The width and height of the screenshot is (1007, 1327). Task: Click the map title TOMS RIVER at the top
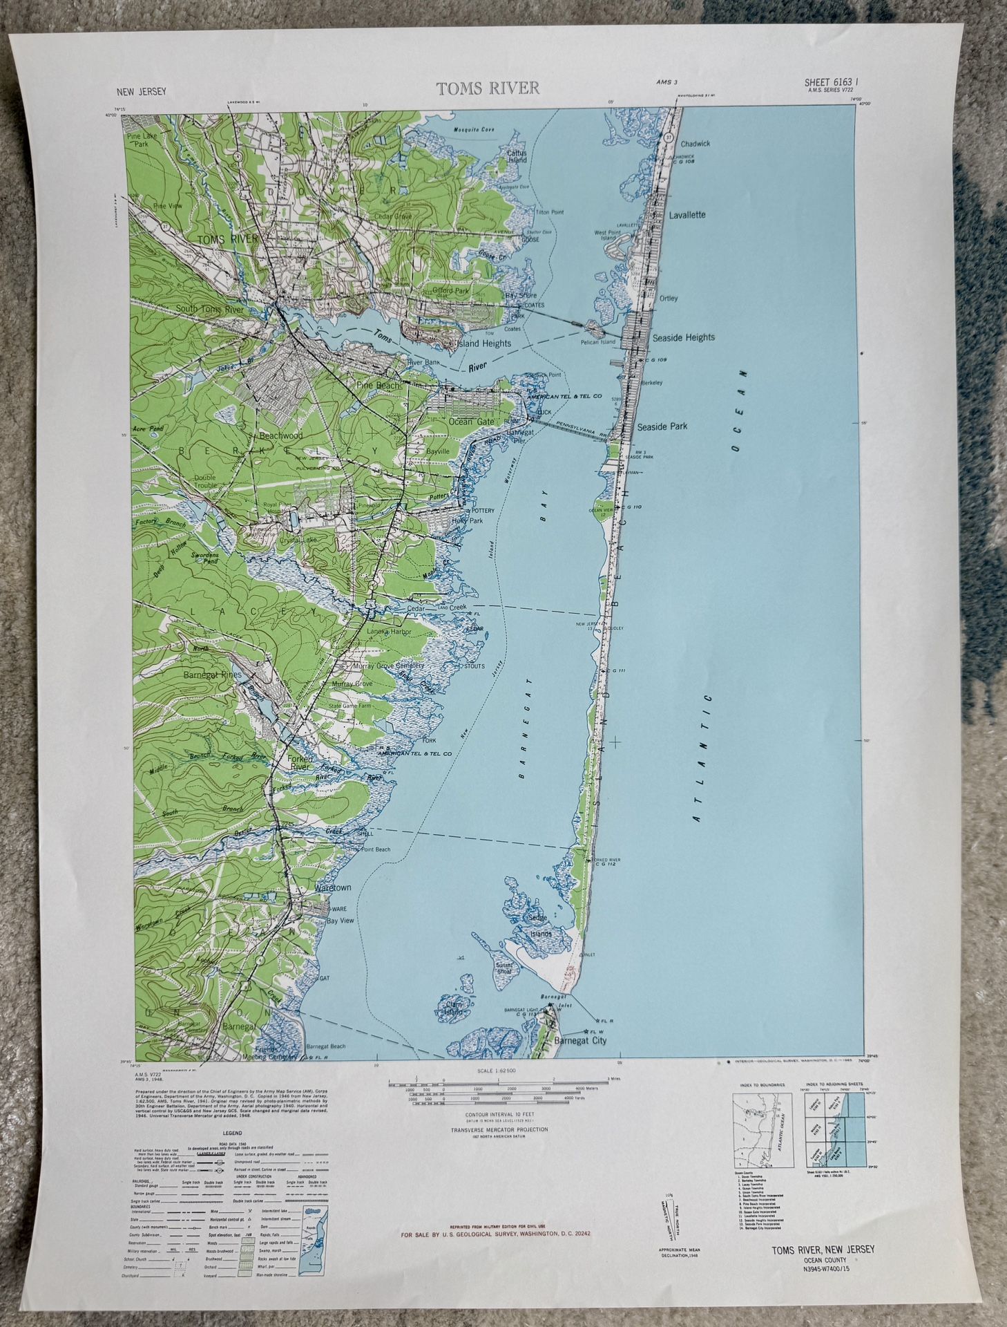point(488,88)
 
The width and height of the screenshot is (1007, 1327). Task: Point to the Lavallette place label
point(687,215)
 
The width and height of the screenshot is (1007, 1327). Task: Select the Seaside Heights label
point(683,337)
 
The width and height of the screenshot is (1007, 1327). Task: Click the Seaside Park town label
point(662,426)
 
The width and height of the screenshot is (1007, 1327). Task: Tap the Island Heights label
point(483,343)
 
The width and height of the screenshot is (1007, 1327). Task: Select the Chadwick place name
point(695,144)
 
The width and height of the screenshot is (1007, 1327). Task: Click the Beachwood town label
point(280,436)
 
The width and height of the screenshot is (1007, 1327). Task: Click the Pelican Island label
point(598,342)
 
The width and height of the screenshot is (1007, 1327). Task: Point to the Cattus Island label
point(517,156)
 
